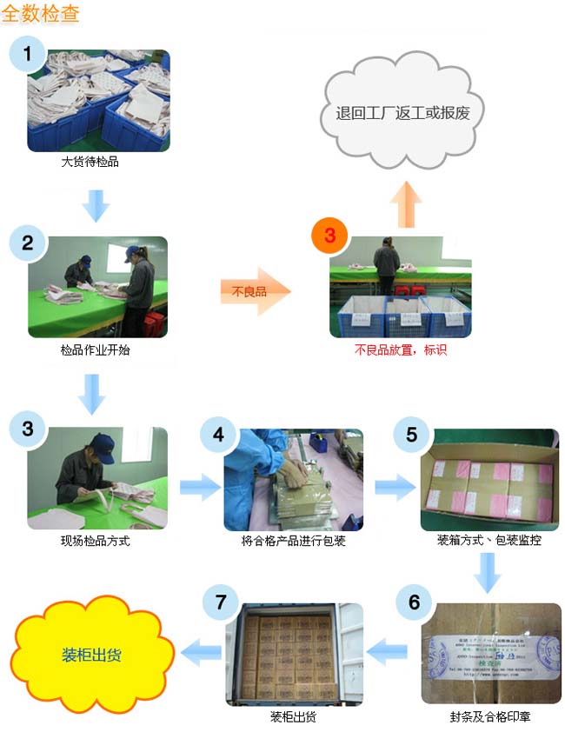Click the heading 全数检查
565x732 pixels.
tap(42, 15)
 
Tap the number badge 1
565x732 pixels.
tap(28, 55)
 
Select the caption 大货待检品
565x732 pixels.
tap(90, 162)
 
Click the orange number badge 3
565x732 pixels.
tap(329, 236)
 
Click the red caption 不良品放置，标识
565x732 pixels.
tap(400, 350)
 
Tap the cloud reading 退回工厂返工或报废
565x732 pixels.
tap(409, 113)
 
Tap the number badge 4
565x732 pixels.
tap(219, 432)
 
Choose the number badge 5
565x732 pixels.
tap(412, 433)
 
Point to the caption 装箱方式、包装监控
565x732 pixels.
tap(489, 541)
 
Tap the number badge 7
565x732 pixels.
tap(220, 602)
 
